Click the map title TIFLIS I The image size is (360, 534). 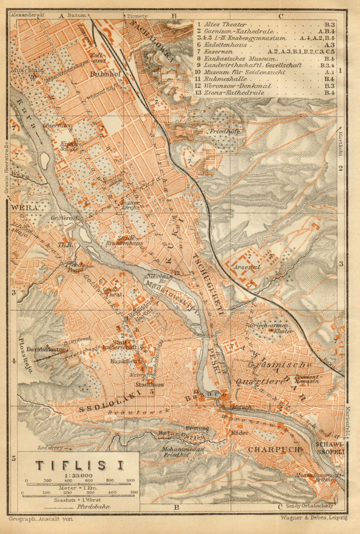(x=80, y=465)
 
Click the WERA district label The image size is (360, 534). (x=20, y=208)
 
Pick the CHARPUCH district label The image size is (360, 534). (x=274, y=449)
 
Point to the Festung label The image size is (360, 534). (x=197, y=428)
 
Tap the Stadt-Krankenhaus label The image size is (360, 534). (x=124, y=241)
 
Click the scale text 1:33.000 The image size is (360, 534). (x=78, y=476)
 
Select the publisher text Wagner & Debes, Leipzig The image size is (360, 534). (x=312, y=518)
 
